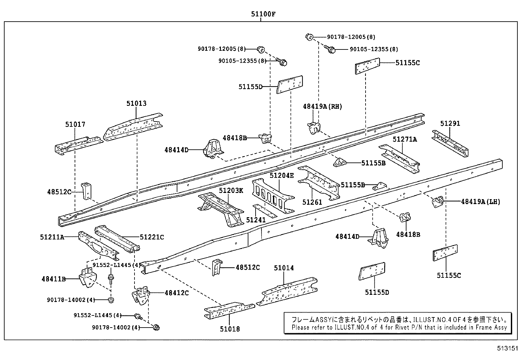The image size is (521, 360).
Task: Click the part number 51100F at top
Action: [x=260, y=14]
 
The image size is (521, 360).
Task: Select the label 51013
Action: [x=136, y=104]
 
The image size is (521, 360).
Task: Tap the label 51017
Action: [x=75, y=124]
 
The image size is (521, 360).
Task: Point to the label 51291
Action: [x=450, y=123]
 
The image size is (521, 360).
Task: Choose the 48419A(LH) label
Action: [x=480, y=202]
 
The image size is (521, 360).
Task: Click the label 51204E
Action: [x=282, y=176]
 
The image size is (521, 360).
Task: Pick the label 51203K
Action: [x=231, y=190]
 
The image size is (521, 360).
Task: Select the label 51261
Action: [x=312, y=202]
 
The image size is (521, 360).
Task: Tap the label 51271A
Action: [x=405, y=139]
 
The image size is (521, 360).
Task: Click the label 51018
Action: [x=230, y=329]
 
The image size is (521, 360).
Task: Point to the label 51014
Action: [x=284, y=268]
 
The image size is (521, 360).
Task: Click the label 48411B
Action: [x=54, y=279]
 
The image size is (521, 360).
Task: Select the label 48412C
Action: [x=177, y=293]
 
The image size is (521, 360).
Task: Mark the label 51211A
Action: [x=52, y=237]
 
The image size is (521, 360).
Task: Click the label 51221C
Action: [x=152, y=237]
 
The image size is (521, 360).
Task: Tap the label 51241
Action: [x=256, y=220]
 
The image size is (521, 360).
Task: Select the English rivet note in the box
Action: [x=399, y=327]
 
